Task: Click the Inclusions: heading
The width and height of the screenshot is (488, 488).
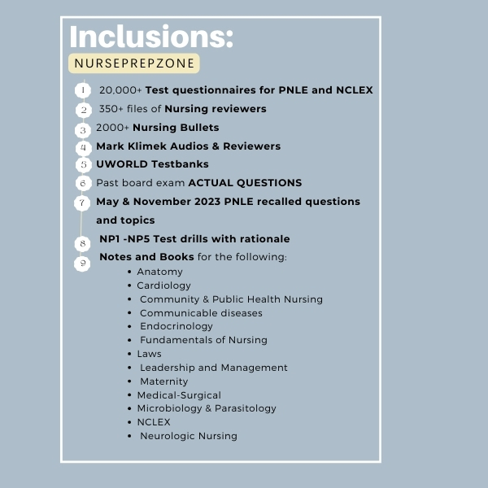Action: coord(151,37)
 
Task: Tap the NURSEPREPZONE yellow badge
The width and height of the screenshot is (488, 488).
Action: coord(134,63)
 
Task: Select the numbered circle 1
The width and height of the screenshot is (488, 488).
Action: coord(83,90)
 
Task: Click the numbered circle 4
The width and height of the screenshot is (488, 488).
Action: coord(84,147)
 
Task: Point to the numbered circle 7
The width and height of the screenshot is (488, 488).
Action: coord(82,203)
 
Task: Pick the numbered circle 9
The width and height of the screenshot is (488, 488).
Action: coord(82,264)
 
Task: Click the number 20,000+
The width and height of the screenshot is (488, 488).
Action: coord(120,90)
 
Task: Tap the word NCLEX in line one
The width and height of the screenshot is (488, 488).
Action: coord(355,90)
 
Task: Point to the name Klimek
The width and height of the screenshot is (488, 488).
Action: coord(147,146)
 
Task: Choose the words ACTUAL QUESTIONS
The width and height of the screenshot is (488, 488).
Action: coord(246,183)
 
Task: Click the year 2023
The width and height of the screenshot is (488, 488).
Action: coord(207,202)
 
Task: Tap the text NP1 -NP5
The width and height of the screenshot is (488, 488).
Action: coord(124,238)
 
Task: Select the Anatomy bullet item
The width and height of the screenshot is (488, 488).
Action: coord(159,272)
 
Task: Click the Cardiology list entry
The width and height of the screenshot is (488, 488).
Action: coord(163,285)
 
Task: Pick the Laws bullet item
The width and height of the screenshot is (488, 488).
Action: coord(150,354)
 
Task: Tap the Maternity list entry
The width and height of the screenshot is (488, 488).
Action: coord(164,381)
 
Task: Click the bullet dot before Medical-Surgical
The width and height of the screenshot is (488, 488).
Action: coord(129,395)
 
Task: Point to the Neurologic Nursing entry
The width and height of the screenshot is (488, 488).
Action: coord(189,436)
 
